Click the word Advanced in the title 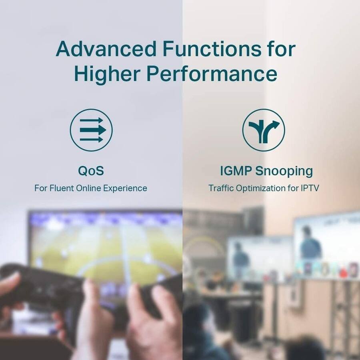click(x=106, y=49)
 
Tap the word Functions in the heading click(x=212, y=49)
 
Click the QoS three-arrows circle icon click(x=91, y=130)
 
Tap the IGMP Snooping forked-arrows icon click(x=264, y=130)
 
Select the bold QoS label click(x=91, y=171)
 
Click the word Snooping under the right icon click(x=284, y=171)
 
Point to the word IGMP click(x=236, y=171)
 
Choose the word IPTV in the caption click(x=311, y=188)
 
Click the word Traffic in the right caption click(x=220, y=188)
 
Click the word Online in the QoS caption click(x=89, y=188)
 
